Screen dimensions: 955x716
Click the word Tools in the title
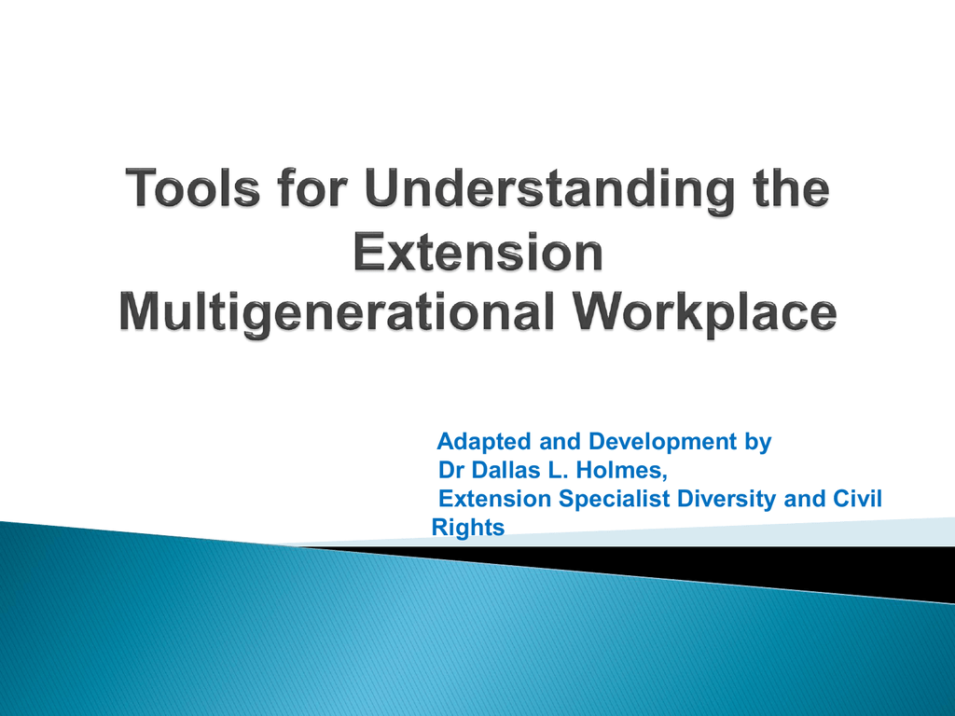coord(192,188)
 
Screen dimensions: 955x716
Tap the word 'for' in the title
coord(311,188)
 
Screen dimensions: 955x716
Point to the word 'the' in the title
coord(791,188)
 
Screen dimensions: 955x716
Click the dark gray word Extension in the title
coord(478,252)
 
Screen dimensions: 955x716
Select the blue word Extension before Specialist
coord(495,499)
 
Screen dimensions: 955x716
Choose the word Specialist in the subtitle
coord(615,500)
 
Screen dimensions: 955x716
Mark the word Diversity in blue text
coord(727,500)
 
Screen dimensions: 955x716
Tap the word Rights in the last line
coord(468,528)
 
